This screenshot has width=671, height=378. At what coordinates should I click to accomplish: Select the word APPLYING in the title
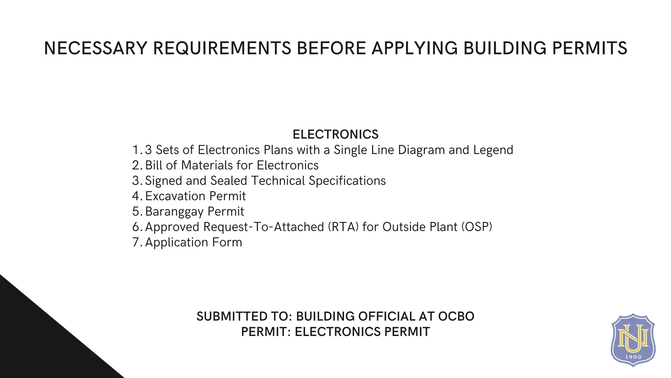(415, 48)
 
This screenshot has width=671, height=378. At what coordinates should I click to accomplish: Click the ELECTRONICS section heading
(335, 135)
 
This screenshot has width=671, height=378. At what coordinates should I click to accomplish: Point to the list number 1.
(137, 150)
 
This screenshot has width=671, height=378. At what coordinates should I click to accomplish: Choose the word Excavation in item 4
(175, 196)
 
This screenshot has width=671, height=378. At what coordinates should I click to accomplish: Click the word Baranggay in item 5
(174, 212)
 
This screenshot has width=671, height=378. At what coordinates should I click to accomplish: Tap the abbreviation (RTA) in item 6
(343, 227)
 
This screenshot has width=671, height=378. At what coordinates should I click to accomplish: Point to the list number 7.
(137, 242)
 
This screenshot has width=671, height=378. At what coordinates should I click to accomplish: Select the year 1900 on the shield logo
(633, 357)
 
